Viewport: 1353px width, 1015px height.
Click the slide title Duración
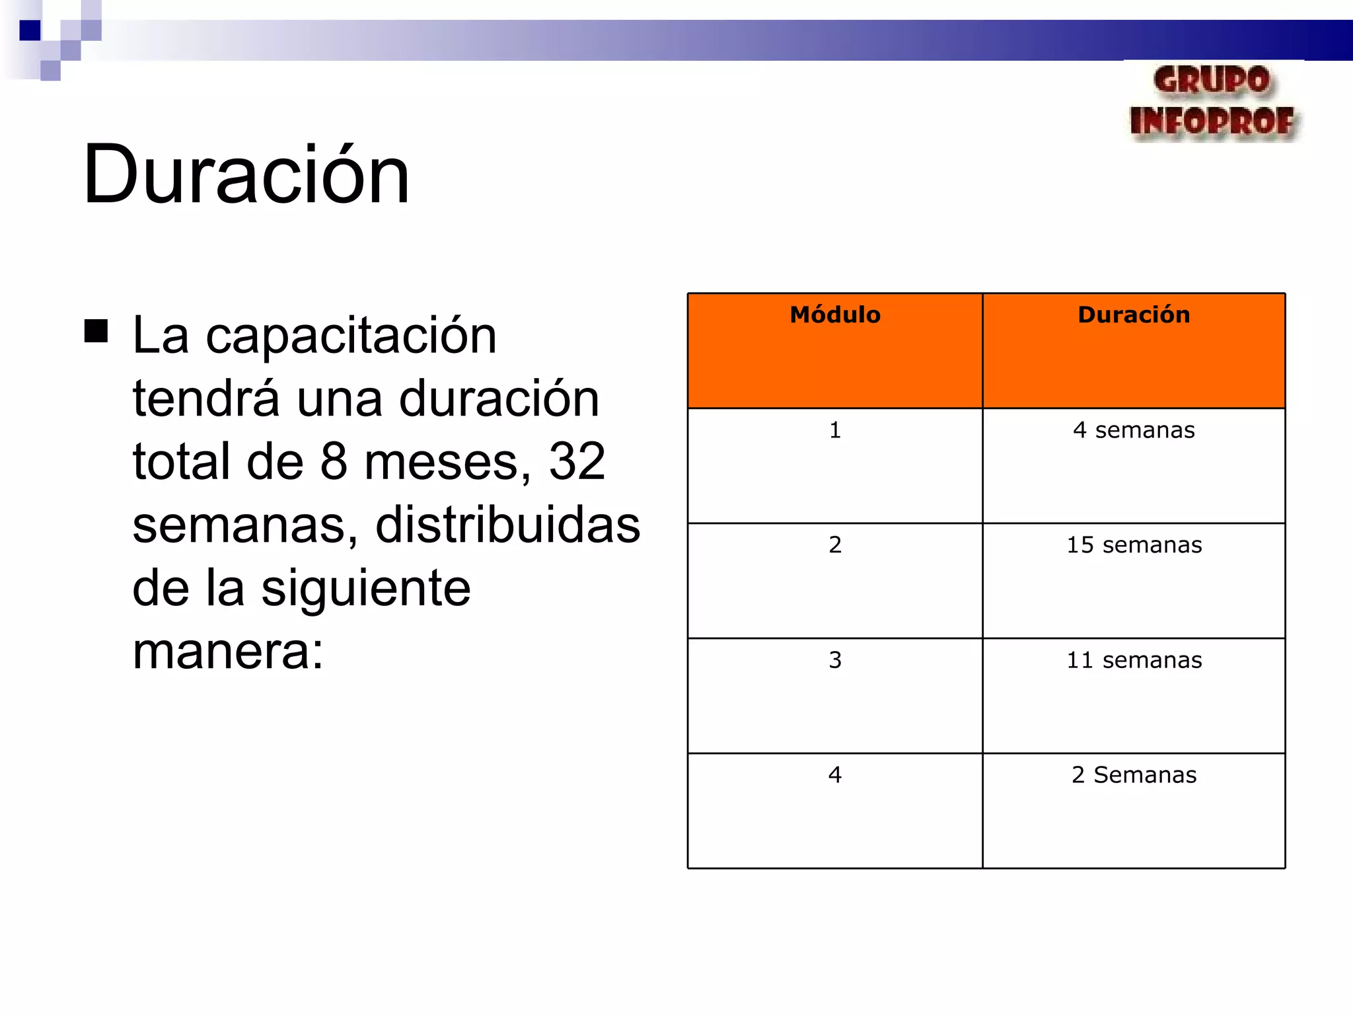tap(246, 175)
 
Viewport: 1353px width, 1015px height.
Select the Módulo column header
tap(835, 315)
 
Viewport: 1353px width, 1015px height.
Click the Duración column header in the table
tap(1134, 315)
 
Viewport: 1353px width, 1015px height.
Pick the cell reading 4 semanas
tap(1134, 430)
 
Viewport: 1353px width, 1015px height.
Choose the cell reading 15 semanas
tap(1134, 545)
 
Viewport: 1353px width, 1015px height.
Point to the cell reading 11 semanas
tap(1134, 660)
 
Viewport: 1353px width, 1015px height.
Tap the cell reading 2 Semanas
tap(1134, 775)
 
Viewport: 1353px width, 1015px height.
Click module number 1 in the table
tap(835, 430)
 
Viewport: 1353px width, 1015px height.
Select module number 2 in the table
tap(835, 545)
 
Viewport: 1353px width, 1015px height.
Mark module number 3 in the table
tap(835, 660)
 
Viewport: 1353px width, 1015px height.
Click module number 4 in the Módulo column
tap(835, 775)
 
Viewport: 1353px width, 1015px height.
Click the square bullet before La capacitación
tap(96, 331)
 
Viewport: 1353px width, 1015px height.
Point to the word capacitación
tap(351, 336)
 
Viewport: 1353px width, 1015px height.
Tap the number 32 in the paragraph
tap(577, 461)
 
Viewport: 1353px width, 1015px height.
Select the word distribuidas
tap(507, 525)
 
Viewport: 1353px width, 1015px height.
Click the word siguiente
tap(366, 588)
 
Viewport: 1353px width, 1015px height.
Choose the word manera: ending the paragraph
tap(228, 652)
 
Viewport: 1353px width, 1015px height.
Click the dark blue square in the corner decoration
tap(30, 30)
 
